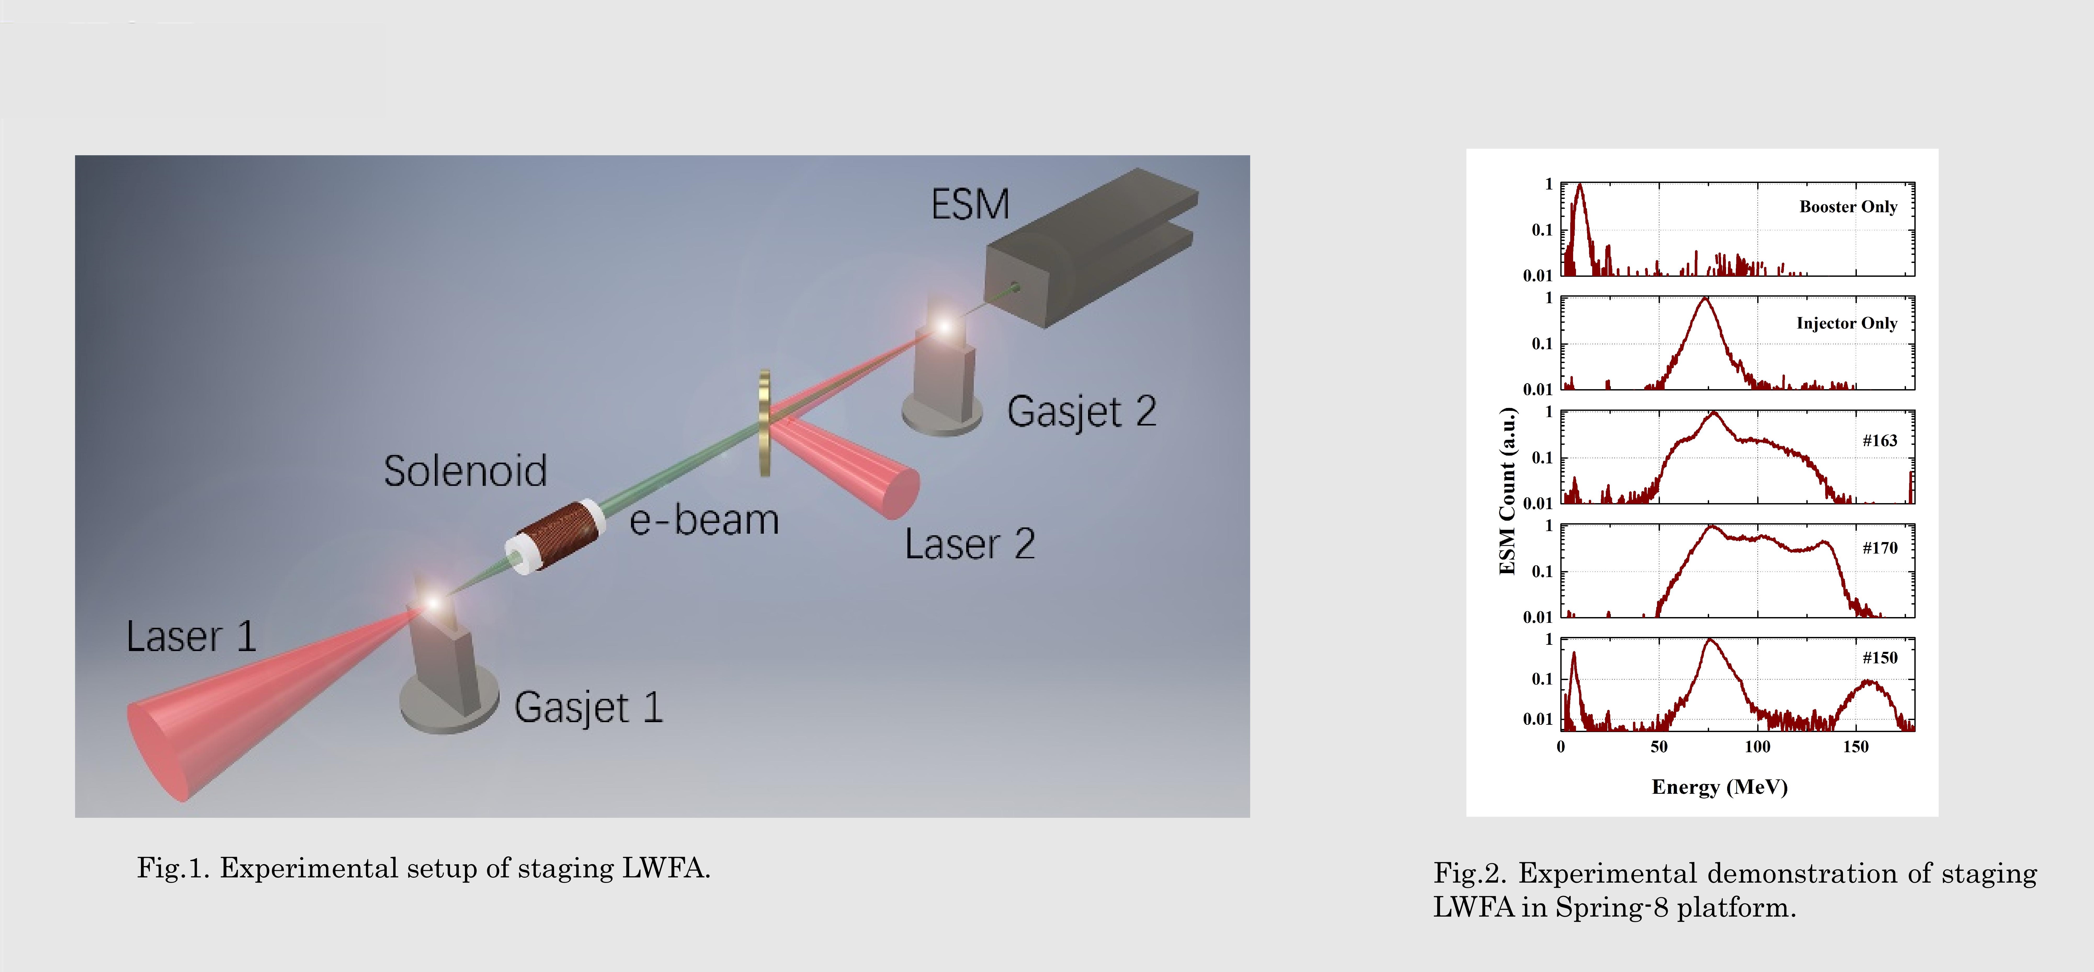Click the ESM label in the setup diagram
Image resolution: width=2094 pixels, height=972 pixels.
[x=970, y=204]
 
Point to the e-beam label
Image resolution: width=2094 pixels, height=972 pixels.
[x=704, y=520]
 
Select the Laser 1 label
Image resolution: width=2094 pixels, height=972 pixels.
[x=191, y=636]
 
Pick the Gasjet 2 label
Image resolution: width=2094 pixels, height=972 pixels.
[x=1081, y=411]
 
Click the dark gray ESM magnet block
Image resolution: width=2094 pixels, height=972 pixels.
[x=1089, y=248]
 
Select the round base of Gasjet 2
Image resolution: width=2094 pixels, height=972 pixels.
[x=943, y=415]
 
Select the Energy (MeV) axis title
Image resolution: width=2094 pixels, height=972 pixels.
[x=1719, y=787]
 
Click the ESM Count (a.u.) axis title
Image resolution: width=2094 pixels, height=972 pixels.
[x=1508, y=491]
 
